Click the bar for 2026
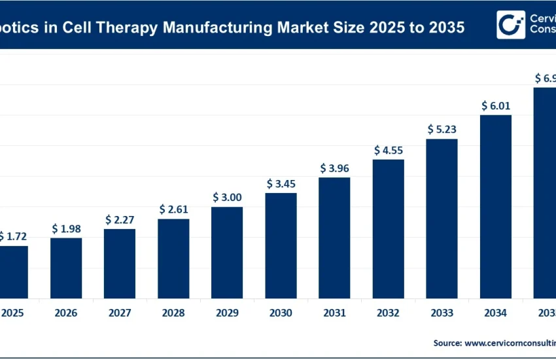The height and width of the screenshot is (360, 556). point(66,268)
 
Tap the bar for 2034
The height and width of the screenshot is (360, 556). point(495,206)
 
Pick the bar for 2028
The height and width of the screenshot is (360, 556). point(173,259)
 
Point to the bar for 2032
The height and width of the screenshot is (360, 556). point(388,228)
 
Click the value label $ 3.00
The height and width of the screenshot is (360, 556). point(227,197)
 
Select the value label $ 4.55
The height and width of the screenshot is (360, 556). point(388,150)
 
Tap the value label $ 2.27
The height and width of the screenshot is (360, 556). point(120,219)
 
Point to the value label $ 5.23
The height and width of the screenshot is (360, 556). point(442,129)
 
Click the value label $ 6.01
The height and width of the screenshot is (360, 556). point(495,105)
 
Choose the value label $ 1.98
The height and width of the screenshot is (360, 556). point(66,228)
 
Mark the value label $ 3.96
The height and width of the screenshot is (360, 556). point(334,168)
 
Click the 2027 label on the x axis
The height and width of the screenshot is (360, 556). point(120,314)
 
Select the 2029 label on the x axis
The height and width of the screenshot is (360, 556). point(227,314)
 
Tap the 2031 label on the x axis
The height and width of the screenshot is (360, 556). point(334,314)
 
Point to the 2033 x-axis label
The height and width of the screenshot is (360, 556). point(442,314)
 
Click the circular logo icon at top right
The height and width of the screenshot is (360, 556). point(510,24)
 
